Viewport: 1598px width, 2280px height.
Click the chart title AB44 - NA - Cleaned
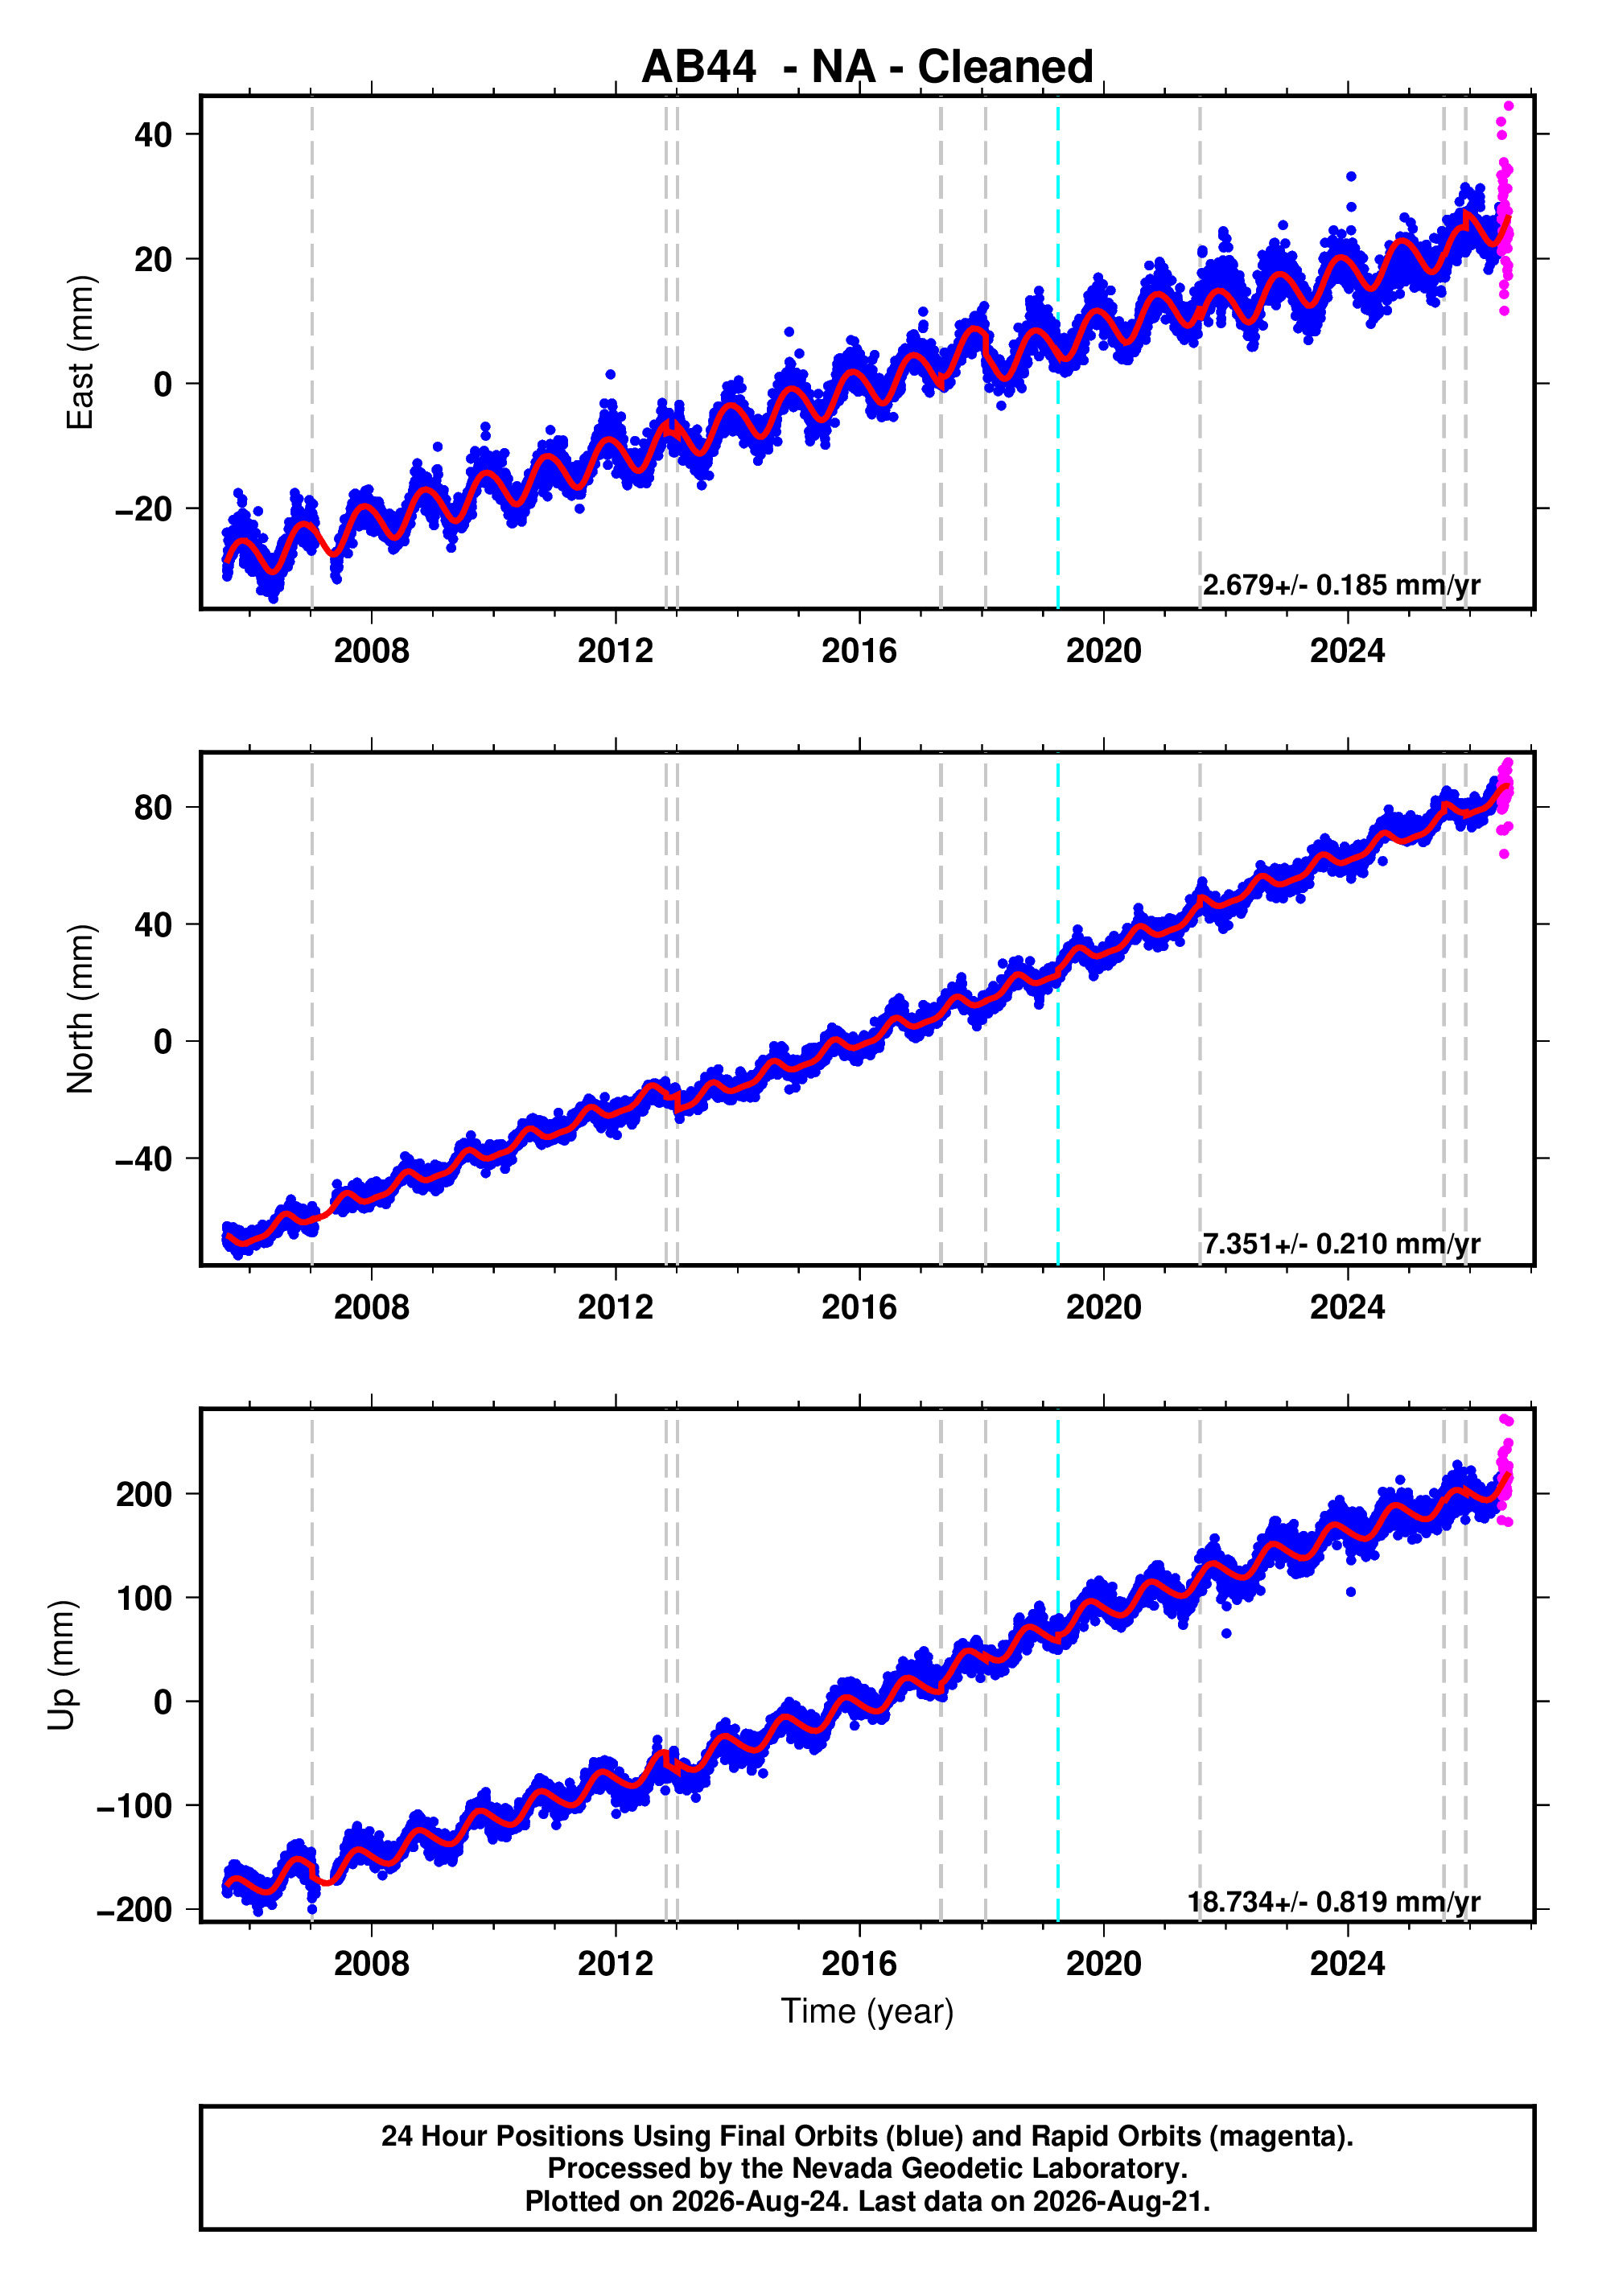(867, 68)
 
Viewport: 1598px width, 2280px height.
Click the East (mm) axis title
(80, 352)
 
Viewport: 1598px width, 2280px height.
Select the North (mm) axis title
(80, 1009)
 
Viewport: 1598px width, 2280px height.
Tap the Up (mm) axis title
(62, 1665)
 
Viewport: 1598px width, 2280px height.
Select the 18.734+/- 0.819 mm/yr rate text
(1334, 1902)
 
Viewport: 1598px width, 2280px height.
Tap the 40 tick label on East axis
(153, 134)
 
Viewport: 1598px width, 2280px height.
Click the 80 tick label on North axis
(153, 808)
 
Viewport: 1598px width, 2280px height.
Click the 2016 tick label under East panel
(859, 652)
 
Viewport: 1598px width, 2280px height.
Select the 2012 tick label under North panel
(616, 1308)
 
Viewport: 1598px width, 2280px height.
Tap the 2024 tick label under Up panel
(1348, 1964)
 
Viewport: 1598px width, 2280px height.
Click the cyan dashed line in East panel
(1058, 352)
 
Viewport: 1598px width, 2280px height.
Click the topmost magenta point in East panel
(1509, 106)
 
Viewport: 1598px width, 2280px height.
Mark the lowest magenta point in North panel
(1505, 854)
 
